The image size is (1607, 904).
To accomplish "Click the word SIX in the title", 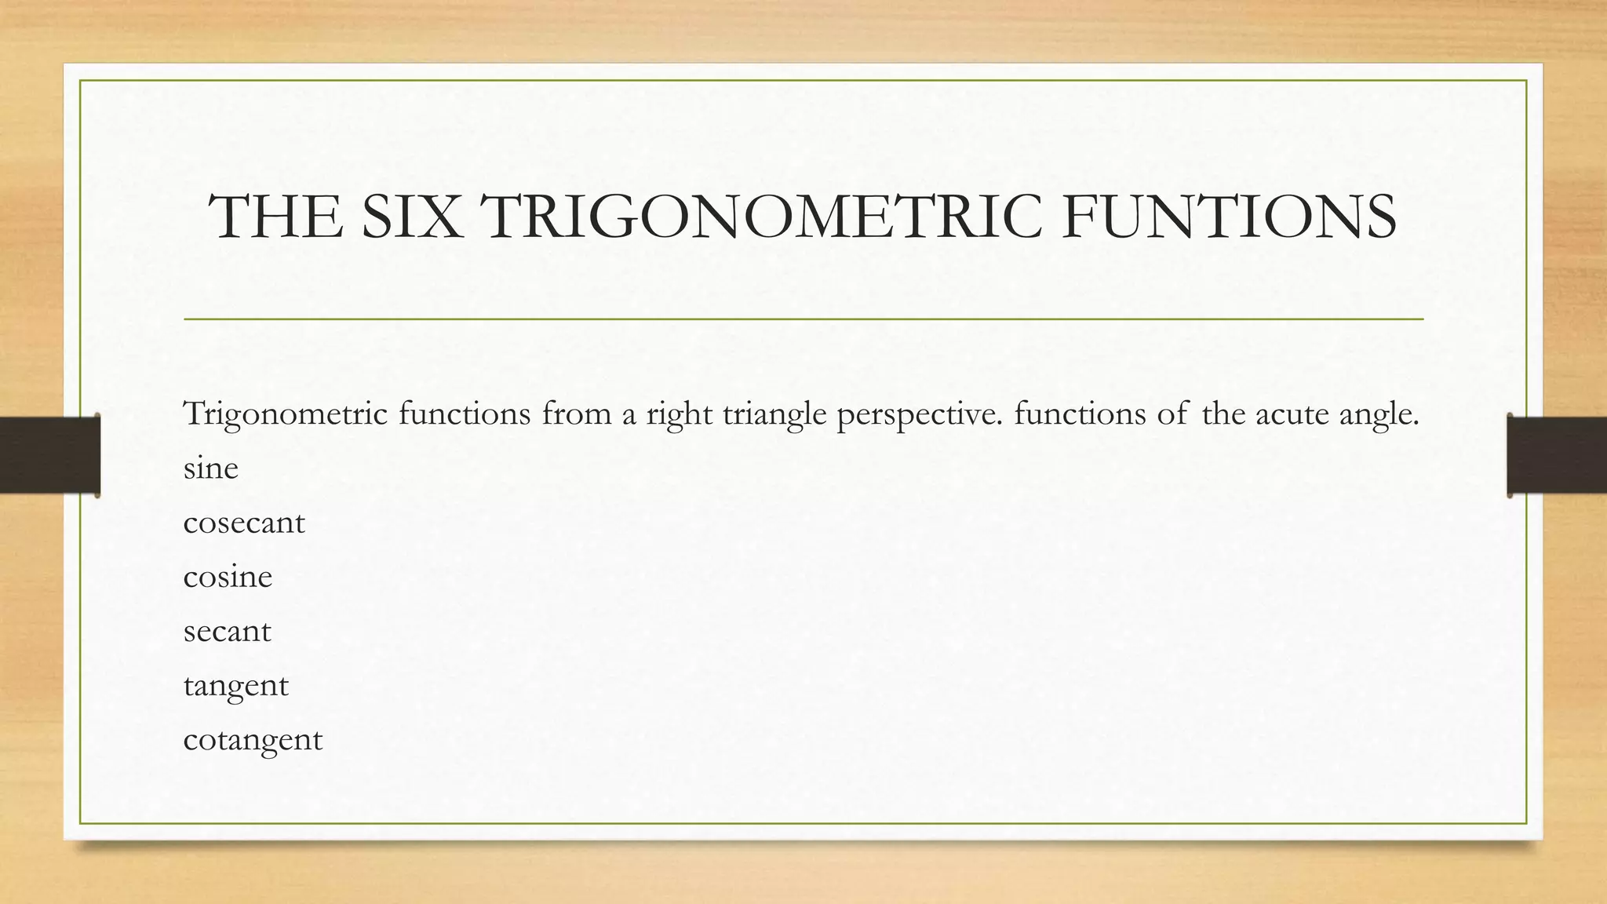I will (x=410, y=217).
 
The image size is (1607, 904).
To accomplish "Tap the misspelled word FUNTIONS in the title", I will (x=1229, y=217).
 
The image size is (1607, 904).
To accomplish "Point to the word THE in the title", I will (x=276, y=217).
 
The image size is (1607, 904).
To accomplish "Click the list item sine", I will (x=210, y=468).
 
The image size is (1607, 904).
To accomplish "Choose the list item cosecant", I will (x=243, y=523).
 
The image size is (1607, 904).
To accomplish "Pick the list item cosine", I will (x=228, y=577).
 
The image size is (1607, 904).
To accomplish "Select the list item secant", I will (x=227, y=631).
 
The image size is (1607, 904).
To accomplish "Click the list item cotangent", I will (x=253, y=740).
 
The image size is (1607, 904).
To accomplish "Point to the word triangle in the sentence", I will (x=774, y=414).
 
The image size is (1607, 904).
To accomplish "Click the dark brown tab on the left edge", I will (x=49, y=455).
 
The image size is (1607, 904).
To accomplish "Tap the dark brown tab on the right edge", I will (x=1557, y=455).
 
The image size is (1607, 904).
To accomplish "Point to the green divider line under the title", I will (x=803, y=319).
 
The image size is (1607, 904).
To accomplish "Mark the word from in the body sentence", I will (x=576, y=414).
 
